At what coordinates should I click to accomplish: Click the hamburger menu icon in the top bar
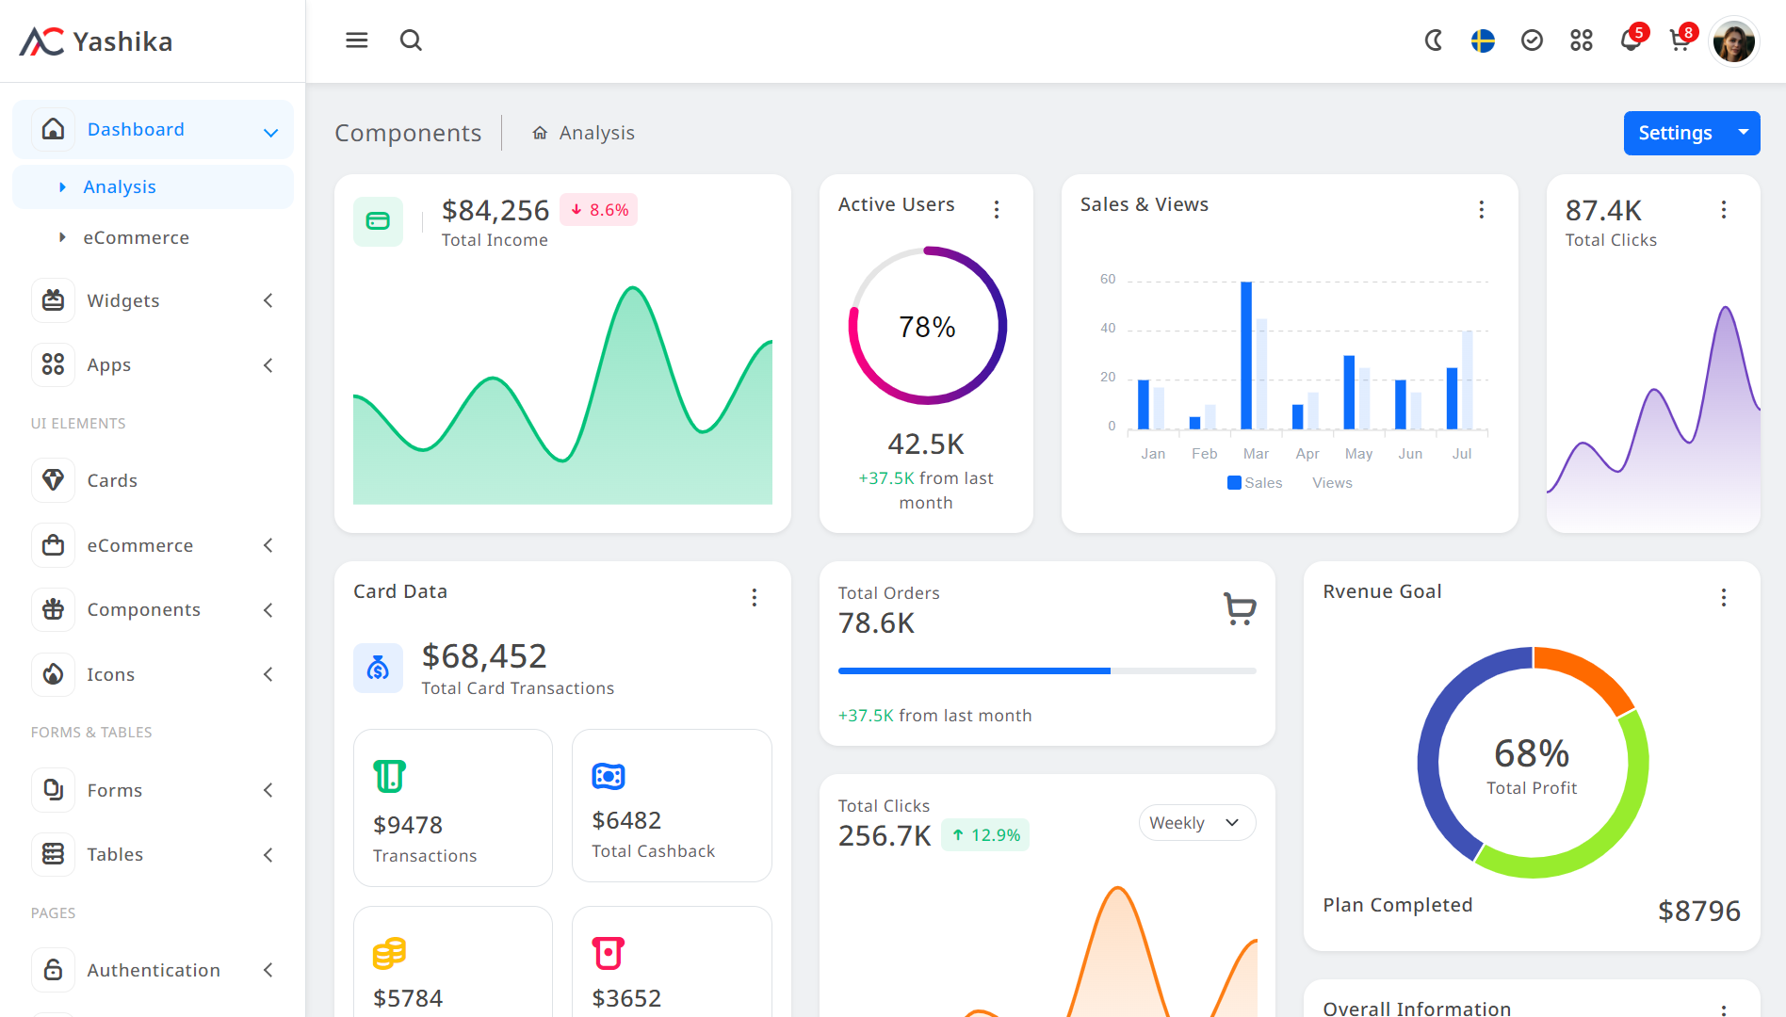(x=356, y=40)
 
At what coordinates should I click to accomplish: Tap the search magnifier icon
(x=411, y=40)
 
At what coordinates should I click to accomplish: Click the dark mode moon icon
(x=1434, y=40)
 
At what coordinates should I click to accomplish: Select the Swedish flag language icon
(x=1483, y=40)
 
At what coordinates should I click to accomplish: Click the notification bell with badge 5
(x=1631, y=40)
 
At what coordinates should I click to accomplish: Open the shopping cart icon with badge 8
(x=1680, y=40)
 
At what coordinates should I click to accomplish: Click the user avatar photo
(x=1733, y=41)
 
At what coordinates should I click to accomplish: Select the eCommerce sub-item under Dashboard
(x=136, y=237)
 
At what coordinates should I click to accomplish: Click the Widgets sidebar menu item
(x=123, y=300)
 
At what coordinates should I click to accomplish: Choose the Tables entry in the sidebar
(x=115, y=854)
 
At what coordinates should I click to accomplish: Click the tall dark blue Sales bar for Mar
(x=1246, y=356)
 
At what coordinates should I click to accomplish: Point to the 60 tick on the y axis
(x=1108, y=280)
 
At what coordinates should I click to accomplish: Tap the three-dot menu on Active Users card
(x=997, y=209)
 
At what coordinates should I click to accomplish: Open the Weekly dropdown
(x=1196, y=823)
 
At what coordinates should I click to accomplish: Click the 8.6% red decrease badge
(x=599, y=210)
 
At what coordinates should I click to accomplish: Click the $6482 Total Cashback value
(x=626, y=820)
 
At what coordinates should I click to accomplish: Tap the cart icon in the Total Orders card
(x=1240, y=608)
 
